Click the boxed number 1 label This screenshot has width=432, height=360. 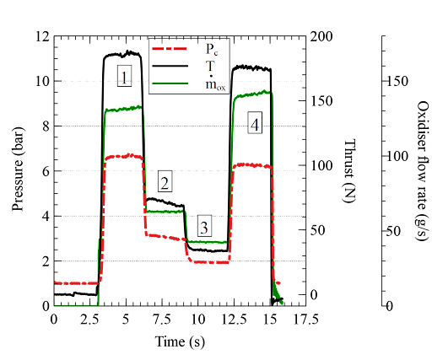[124, 76]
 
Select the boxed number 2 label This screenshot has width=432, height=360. [165, 181]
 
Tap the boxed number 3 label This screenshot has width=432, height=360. [204, 226]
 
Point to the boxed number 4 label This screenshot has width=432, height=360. [255, 122]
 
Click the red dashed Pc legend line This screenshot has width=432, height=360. [170, 48]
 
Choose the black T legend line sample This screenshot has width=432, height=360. [170, 66]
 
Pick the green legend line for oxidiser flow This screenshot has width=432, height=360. [170, 83]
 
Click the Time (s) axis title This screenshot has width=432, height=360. [180, 342]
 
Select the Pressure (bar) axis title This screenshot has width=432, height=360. [18, 169]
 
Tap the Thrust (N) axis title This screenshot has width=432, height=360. [349, 170]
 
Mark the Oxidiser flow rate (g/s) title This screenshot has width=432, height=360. [423, 170]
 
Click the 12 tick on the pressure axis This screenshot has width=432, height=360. [43, 36]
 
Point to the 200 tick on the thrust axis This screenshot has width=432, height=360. [321, 36]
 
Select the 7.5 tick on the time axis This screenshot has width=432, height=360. [162, 320]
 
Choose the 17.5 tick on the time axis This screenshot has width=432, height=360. [306, 320]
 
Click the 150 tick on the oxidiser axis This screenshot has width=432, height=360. [397, 82]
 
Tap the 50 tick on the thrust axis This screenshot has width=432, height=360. [317, 230]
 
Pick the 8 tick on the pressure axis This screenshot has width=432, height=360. [46, 126]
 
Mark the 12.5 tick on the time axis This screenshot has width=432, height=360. [234, 320]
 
